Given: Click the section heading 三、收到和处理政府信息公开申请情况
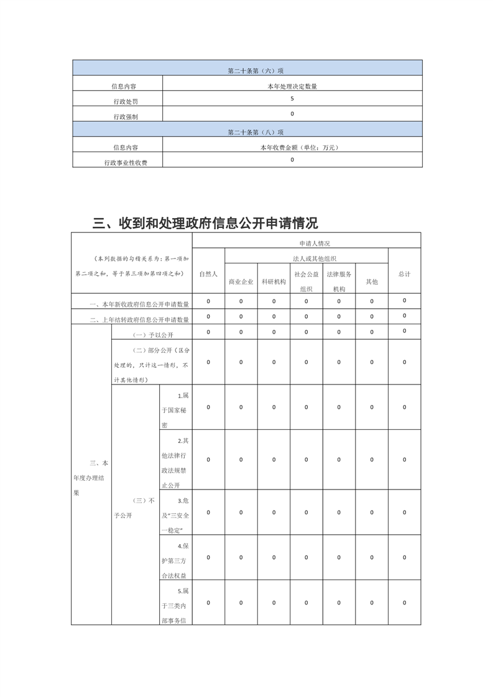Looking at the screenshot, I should tap(205, 223).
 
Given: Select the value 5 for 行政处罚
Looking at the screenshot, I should tap(292, 99).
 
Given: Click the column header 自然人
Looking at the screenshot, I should tap(208, 274).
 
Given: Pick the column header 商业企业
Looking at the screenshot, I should tap(241, 281).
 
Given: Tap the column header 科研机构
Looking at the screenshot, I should tap(274, 281).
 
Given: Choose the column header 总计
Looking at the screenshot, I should tap(404, 274).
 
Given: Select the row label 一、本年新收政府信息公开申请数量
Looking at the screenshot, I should tap(139, 304).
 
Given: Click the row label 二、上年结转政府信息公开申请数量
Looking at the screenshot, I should tap(139, 320).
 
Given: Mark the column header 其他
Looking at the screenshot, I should tap(372, 281).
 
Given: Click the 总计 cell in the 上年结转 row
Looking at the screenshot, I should tap(404, 316).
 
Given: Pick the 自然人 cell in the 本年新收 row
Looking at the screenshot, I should tap(208, 301).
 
